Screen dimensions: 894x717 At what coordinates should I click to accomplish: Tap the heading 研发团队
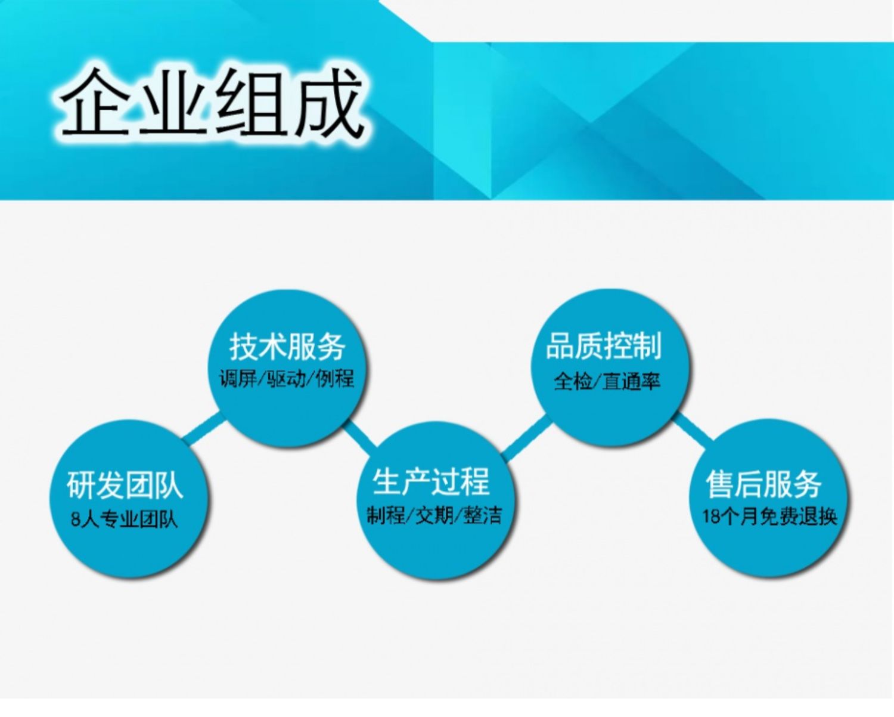pyautogui.click(x=125, y=485)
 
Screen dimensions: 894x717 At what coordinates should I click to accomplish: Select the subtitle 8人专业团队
pyautogui.click(x=124, y=520)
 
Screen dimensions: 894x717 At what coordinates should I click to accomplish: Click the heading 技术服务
pyautogui.click(x=287, y=347)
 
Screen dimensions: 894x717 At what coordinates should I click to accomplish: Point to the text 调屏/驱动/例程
pyautogui.click(x=287, y=379)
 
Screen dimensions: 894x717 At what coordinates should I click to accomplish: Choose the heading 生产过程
pyautogui.click(x=432, y=481)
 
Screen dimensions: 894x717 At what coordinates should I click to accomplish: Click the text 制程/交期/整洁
pyautogui.click(x=434, y=516)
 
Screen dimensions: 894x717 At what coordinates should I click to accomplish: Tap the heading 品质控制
pyautogui.click(x=604, y=345)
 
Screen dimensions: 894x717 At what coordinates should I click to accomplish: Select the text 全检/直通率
pyautogui.click(x=607, y=381)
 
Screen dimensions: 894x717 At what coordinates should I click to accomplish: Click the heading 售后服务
pyautogui.click(x=763, y=484)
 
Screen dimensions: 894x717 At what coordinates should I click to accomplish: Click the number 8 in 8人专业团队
pyautogui.click(x=75, y=520)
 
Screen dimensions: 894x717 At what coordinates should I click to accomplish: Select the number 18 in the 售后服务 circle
pyautogui.click(x=711, y=517)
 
